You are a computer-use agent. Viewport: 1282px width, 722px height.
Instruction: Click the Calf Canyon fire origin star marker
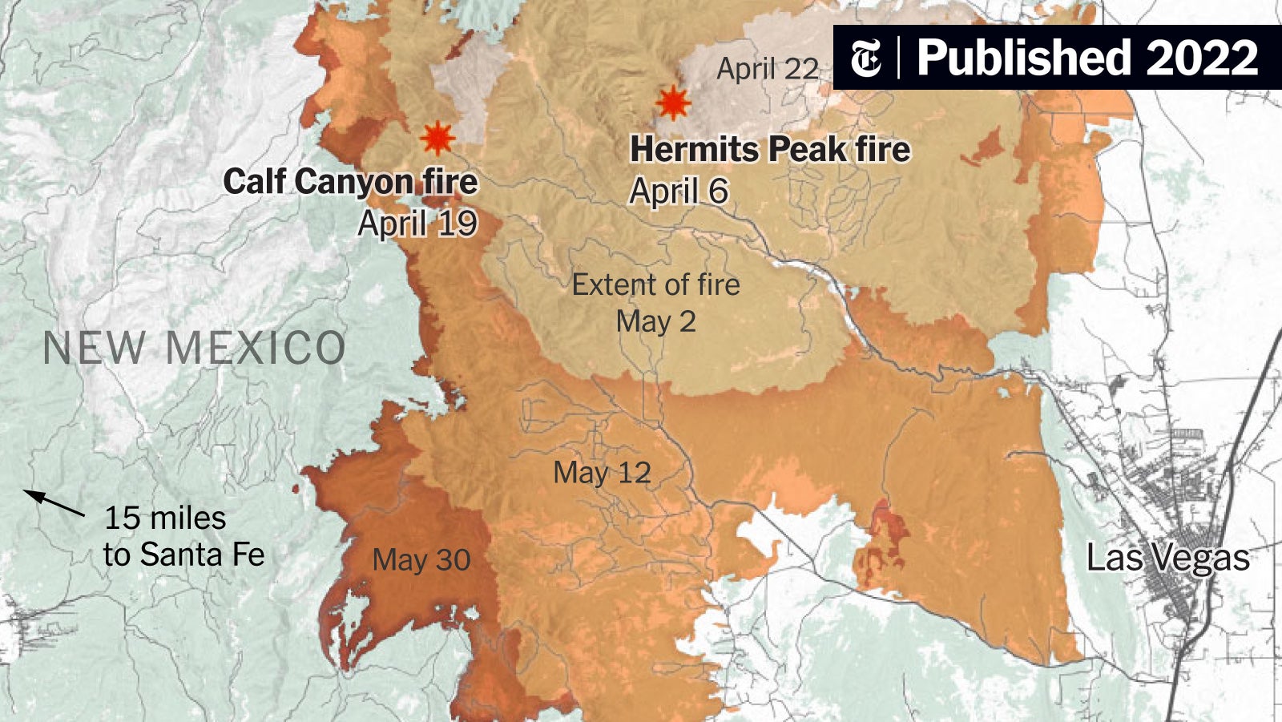click(437, 139)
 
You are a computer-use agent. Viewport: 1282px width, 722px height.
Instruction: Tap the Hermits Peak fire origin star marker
click(672, 103)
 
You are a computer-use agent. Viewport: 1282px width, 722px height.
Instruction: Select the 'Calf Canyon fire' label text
click(350, 182)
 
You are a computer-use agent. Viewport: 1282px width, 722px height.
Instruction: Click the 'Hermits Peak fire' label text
click(770, 150)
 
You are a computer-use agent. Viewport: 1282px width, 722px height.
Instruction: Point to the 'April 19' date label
click(417, 224)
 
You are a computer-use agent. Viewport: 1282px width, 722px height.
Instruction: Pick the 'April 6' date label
click(679, 192)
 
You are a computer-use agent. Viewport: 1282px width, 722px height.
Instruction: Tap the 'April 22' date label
click(767, 69)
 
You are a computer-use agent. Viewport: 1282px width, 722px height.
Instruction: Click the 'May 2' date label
click(655, 322)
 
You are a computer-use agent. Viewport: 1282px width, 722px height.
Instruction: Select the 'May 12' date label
click(602, 473)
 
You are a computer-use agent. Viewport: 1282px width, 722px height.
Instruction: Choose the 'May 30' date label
click(421, 559)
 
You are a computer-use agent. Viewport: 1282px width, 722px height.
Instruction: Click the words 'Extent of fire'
click(655, 284)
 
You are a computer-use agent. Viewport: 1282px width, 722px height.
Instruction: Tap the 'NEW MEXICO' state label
click(194, 349)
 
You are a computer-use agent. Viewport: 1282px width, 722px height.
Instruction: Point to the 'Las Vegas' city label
click(1167, 558)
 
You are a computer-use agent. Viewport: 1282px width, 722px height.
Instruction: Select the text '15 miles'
click(165, 518)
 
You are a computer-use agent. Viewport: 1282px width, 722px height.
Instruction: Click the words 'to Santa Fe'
click(183, 555)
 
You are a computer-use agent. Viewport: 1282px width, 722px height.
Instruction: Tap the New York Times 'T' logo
click(865, 58)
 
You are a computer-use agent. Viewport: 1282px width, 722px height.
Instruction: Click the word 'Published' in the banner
click(1024, 58)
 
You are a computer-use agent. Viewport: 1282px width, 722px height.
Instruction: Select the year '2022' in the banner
click(1202, 58)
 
